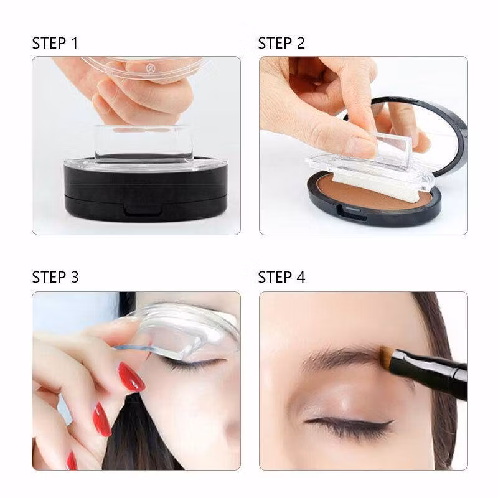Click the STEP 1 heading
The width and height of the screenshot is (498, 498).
[55, 43]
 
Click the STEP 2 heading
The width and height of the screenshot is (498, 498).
[281, 43]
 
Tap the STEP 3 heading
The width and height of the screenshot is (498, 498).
[55, 277]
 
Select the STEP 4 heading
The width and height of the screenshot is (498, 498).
[282, 277]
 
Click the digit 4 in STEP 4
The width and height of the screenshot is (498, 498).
[301, 277]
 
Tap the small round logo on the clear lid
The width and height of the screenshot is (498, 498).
[150, 68]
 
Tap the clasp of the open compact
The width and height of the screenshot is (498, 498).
[352, 212]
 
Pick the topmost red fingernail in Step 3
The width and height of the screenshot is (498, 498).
[131, 377]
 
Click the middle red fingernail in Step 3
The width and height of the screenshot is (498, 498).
[102, 420]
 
